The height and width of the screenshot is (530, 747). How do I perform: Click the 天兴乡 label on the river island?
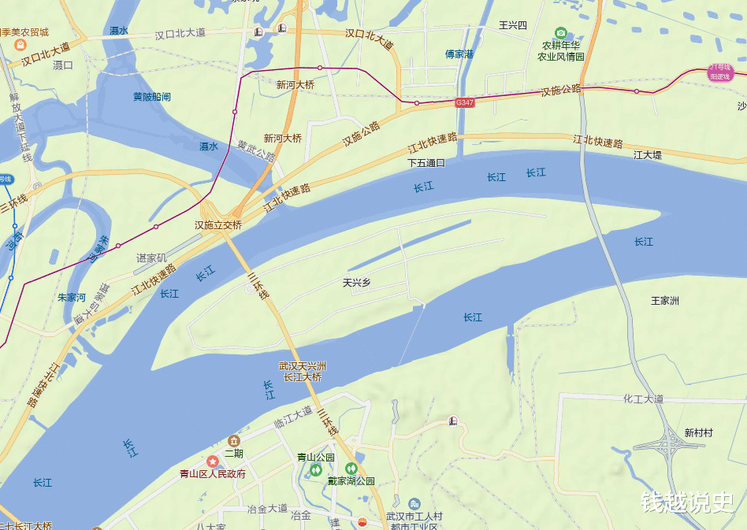[356, 282]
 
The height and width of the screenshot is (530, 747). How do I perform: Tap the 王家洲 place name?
[665, 301]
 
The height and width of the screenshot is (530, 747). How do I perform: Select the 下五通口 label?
[426, 163]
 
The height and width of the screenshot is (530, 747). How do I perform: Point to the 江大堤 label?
[648, 155]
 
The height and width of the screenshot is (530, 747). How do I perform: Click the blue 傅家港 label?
[459, 54]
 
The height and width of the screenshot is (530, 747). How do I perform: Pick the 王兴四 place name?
[512, 25]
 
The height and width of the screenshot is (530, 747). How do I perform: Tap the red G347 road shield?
[465, 102]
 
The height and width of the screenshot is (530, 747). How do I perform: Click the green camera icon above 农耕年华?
[561, 33]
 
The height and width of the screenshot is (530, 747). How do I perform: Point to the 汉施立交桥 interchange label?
[218, 225]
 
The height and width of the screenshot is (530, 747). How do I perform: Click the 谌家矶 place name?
[152, 258]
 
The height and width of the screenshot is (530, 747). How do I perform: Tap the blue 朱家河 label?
[72, 298]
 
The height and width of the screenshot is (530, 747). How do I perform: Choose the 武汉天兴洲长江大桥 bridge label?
[303, 372]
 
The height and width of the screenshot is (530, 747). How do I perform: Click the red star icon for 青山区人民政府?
[213, 461]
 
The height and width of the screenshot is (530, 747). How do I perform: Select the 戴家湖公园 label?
[351, 480]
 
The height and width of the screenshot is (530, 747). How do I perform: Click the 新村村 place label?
[698, 433]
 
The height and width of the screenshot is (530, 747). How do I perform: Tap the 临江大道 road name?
[293, 414]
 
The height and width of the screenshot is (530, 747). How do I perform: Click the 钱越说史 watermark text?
[687, 502]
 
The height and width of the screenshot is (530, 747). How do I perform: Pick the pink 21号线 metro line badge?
[719, 72]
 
